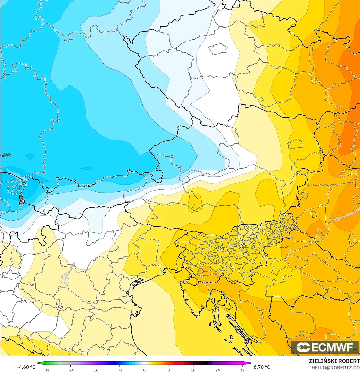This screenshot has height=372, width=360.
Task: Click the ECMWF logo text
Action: point(332,347)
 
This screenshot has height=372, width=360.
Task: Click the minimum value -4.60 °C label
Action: point(26,367)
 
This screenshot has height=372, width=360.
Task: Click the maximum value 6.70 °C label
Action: point(262,367)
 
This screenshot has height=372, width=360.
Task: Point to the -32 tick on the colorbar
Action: point(46,370)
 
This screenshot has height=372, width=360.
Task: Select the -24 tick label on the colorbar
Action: point(70,370)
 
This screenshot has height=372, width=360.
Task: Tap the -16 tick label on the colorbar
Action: point(95,370)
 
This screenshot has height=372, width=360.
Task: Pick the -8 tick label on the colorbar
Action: point(120,370)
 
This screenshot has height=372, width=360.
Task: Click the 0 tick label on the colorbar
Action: point(144,370)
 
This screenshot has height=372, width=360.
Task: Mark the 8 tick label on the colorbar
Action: point(169,370)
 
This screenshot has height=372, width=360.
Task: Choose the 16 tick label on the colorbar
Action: point(193,370)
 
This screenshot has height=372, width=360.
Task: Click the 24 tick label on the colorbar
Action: point(218,370)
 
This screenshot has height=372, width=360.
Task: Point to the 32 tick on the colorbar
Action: point(242,370)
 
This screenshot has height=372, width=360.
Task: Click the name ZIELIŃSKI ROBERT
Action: point(334,361)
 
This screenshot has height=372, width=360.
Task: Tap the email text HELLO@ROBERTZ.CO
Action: point(335,368)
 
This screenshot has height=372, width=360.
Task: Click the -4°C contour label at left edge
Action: point(5,156)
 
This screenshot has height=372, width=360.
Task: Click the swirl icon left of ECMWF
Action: point(303,347)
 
